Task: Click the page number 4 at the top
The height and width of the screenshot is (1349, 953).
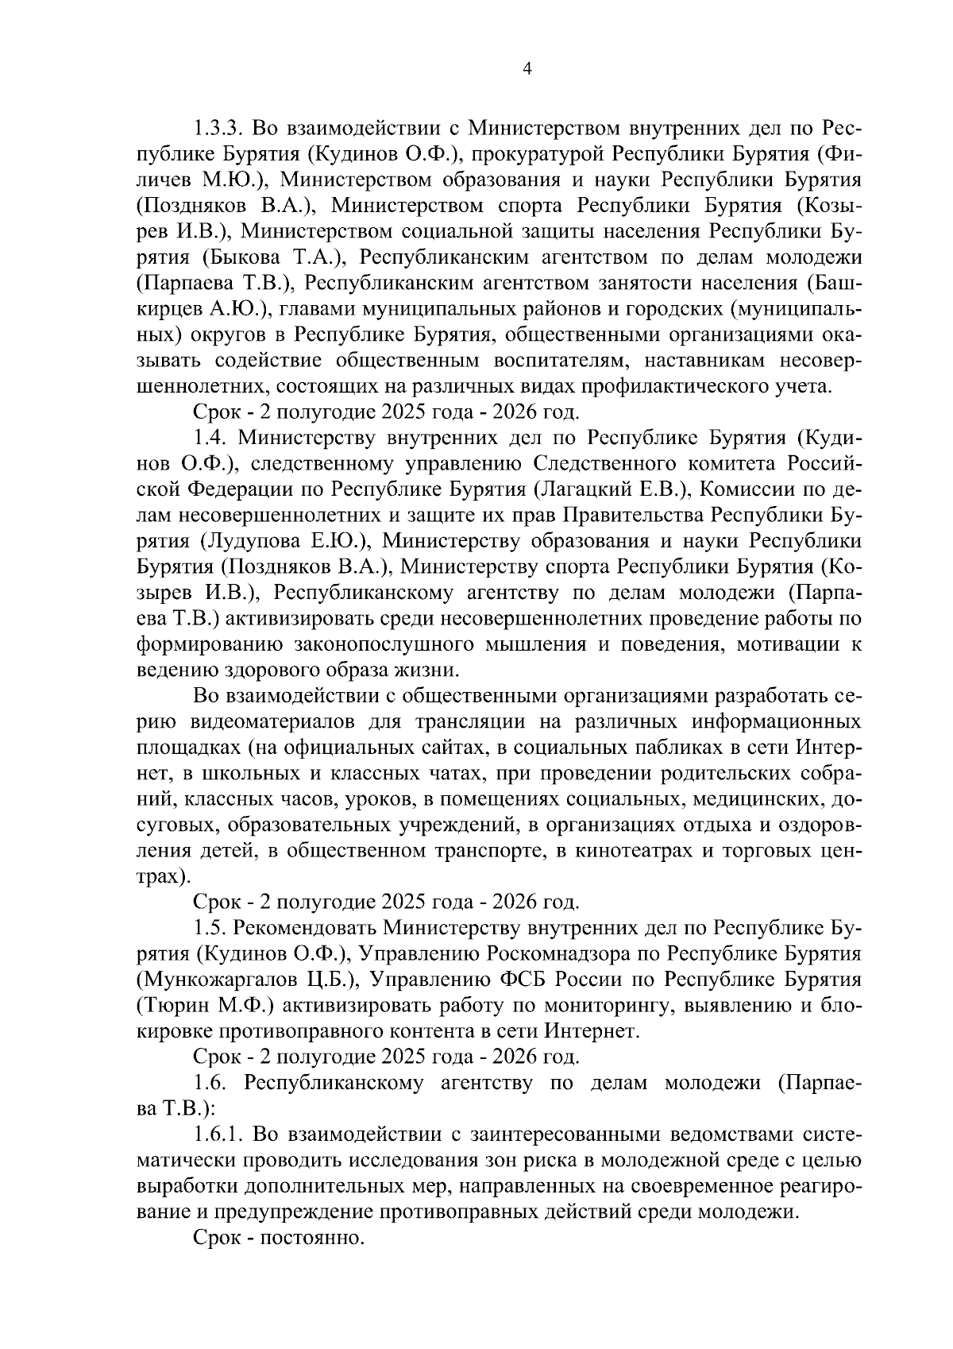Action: click(527, 68)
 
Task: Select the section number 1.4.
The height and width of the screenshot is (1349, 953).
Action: click(210, 438)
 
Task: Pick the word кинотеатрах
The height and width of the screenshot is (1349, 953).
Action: click(663, 851)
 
